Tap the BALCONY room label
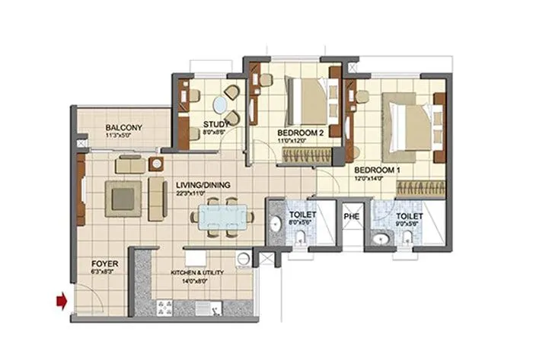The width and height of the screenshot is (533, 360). tap(121, 127)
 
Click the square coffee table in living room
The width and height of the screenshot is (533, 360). tap(124, 198)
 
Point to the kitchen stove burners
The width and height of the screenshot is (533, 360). tap(165, 307)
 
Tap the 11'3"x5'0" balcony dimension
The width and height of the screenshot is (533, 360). tap(121, 136)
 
